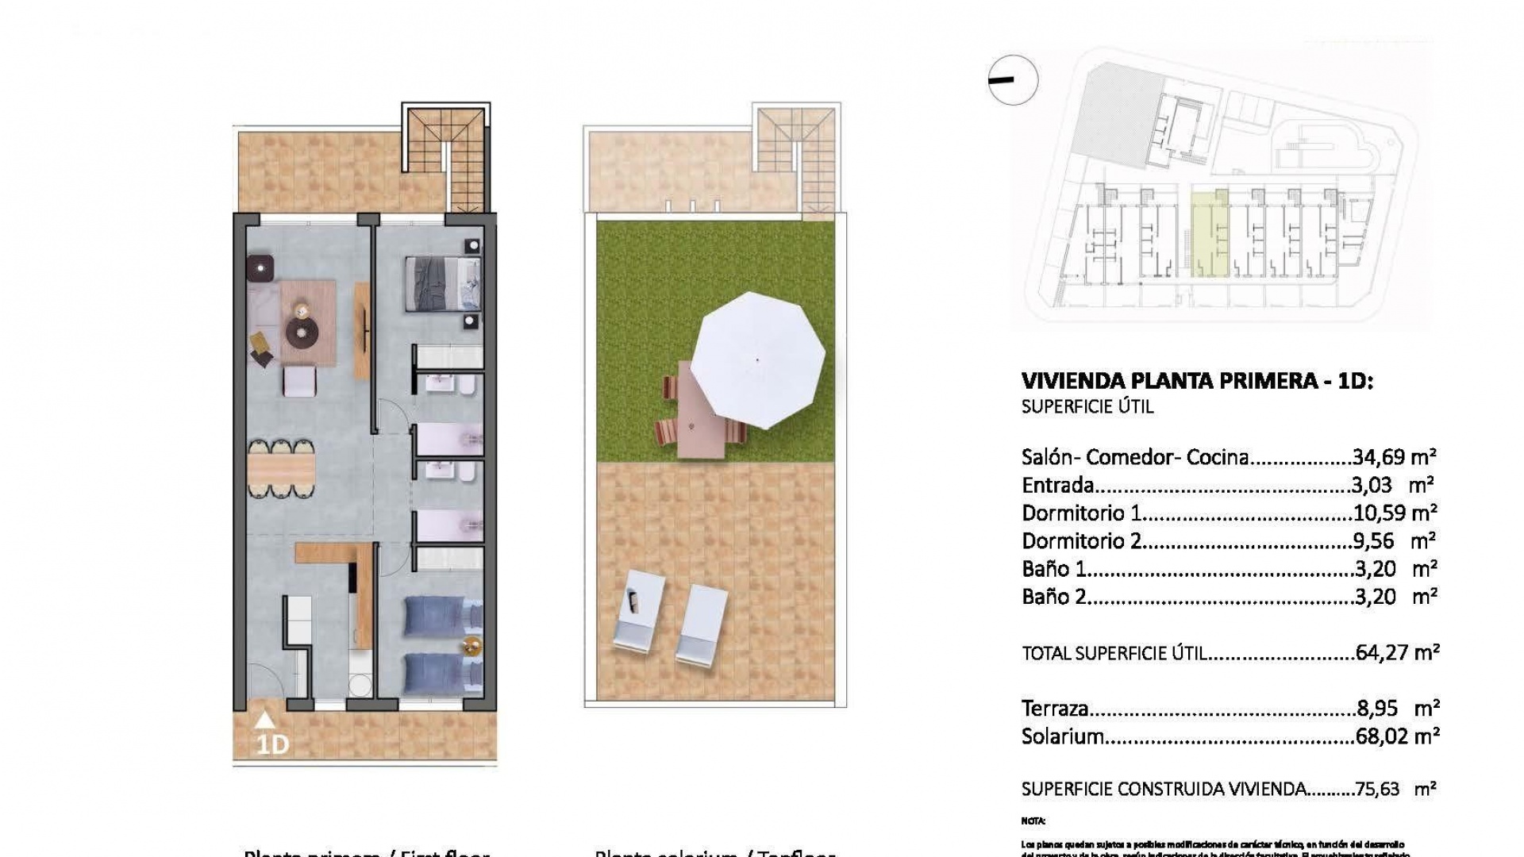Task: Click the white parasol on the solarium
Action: click(x=758, y=359)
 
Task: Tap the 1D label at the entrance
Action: click(x=272, y=744)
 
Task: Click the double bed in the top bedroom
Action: click(x=444, y=283)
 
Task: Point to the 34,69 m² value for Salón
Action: click(x=1394, y=457)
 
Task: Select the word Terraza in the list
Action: click(x=1055, y=709)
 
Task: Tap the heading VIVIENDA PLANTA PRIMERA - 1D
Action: click(x=1197, y=381)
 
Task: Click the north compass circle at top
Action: click(x=1014, y=79)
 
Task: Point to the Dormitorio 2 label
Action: click(x=1081, y=541)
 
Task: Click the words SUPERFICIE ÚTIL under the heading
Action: click(x=1087, y=407)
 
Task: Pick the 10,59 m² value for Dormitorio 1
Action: click(x=1394, y=513)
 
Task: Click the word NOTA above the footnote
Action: click(x=1033, y=820)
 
